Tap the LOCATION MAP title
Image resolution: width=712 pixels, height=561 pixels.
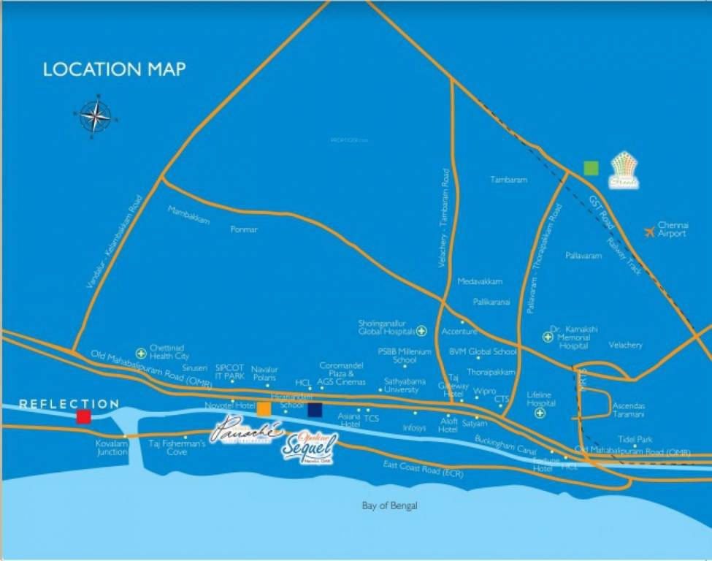115,70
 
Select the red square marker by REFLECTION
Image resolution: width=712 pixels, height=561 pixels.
84,416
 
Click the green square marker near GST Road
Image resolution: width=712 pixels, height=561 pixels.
592,168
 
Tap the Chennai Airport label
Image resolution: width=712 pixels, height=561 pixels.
672,229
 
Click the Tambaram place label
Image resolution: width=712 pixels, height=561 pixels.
508,179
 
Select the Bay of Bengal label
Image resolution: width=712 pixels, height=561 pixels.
390,505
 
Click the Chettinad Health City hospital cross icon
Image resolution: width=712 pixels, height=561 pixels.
141,353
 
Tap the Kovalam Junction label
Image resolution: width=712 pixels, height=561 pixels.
112,447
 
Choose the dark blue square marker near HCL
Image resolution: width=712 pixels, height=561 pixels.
315,410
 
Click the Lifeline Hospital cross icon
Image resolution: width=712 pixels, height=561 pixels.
540,413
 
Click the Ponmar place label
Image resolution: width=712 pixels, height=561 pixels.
244,229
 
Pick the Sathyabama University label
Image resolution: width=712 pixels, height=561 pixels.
402,385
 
